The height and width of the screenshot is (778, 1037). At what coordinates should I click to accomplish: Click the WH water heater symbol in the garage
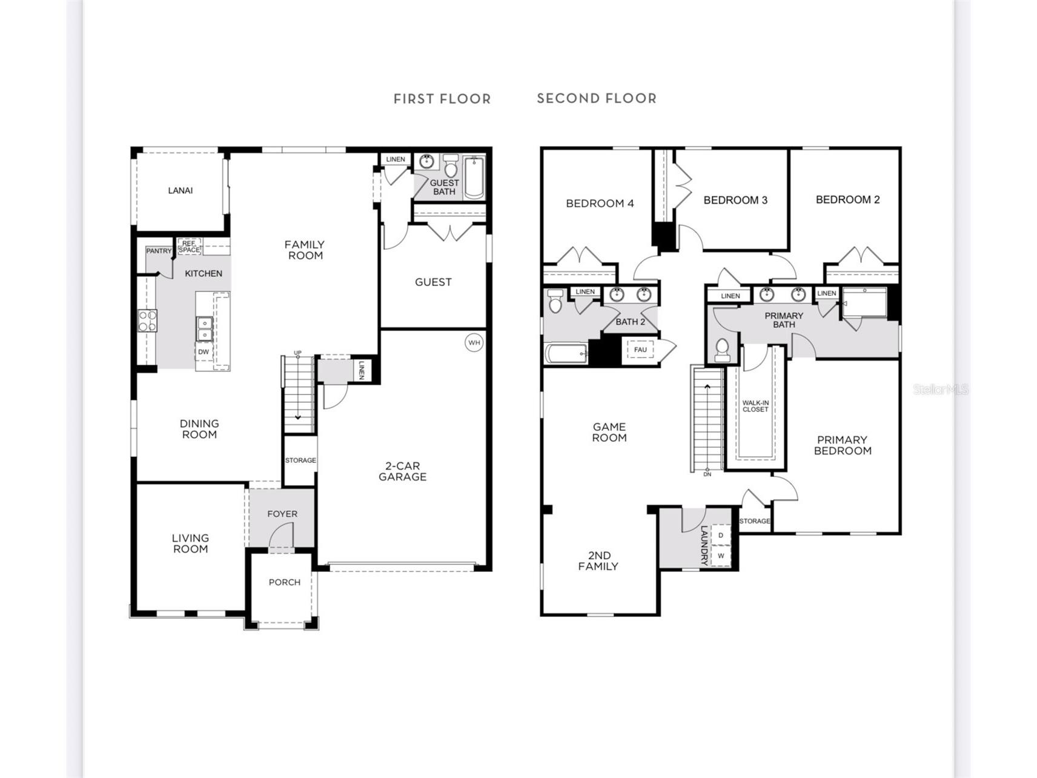474,343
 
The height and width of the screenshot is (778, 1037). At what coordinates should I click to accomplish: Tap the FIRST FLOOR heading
442,99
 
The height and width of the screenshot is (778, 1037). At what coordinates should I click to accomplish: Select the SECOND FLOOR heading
597,98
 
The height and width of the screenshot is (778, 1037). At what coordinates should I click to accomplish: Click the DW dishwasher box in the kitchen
204,351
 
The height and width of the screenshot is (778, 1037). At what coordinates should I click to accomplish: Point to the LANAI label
181,190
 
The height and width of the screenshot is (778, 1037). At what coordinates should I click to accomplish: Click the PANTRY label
159,251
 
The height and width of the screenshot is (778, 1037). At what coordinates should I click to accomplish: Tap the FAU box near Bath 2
640,350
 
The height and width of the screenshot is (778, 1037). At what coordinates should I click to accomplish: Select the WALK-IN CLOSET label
755,406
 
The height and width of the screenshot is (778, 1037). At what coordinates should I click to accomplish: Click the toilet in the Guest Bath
450,166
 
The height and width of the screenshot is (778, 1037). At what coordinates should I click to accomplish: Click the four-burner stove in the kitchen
147,321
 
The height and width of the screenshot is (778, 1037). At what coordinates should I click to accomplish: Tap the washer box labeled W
721,556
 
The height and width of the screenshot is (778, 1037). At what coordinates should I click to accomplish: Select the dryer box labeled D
721,535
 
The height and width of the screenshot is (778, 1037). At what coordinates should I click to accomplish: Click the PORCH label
285,582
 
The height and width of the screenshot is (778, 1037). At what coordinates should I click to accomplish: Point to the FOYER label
282,514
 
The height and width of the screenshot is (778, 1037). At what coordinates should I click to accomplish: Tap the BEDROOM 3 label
735,200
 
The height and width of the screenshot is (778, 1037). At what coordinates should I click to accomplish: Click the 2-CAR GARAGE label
403,471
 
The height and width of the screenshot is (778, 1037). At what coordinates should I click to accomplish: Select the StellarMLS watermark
941,390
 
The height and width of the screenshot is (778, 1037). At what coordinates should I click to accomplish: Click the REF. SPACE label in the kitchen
189,247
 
